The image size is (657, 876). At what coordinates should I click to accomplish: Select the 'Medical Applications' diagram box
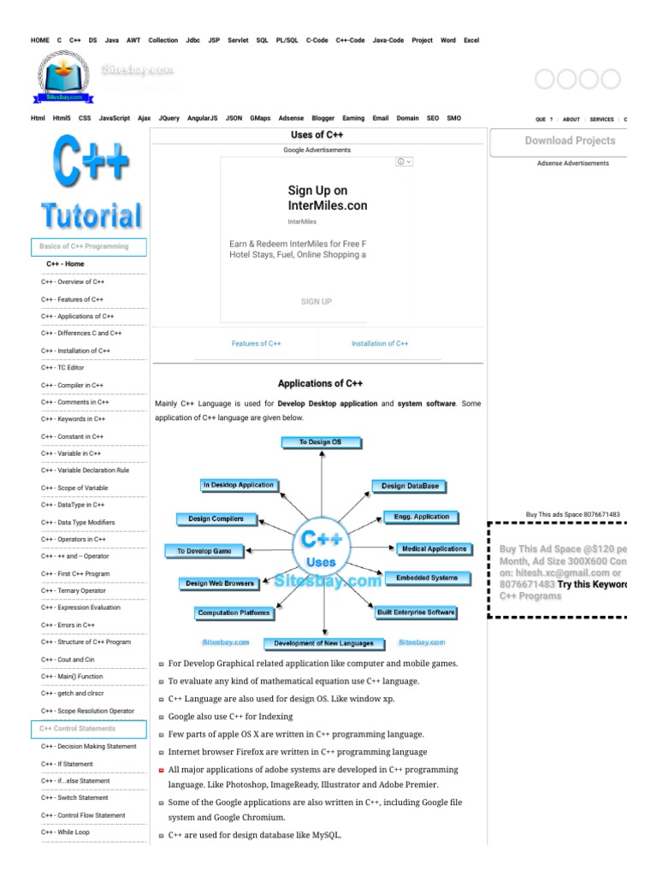click(x=434, y=548)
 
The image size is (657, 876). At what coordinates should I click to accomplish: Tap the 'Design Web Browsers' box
click(x=220, y=583)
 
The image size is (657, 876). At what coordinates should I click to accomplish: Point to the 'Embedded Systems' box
click(x=427, y=578)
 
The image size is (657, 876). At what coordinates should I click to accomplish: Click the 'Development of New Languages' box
click(x=319, y=643)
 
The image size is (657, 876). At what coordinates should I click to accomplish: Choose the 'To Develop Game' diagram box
click(x=204, y=551)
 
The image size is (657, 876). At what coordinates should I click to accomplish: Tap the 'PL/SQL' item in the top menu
click(x=287, y=40)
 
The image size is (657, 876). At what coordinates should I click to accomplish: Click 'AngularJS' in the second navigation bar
click(x=203, y=118)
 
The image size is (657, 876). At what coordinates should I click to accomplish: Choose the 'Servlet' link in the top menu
click(x=238, y=40)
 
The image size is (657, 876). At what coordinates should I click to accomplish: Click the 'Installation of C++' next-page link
click(x=380, y=344)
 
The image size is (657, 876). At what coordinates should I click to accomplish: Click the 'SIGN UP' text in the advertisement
click(x=317, y=301)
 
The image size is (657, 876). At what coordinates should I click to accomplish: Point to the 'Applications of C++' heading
click(x=320, y=383)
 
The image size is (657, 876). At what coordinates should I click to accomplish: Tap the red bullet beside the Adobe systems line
click(x=162, y=770)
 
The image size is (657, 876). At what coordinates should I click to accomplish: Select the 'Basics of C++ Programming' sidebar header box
click(x=89, y=246)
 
